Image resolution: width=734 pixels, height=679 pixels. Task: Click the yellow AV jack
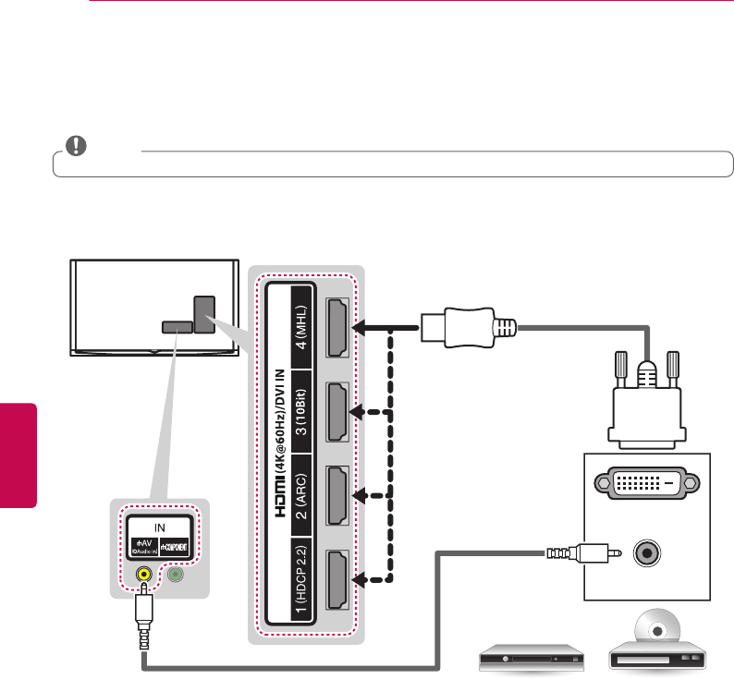pyautogui.click(x=143, y=573)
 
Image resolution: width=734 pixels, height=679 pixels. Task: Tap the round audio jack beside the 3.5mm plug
pyautogui.click(x=646, y=554)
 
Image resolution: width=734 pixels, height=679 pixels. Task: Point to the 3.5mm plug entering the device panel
pyautogui.click(x=563, y=554)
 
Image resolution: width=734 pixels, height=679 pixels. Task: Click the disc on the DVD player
pyautogui.click(x=658, y=633)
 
